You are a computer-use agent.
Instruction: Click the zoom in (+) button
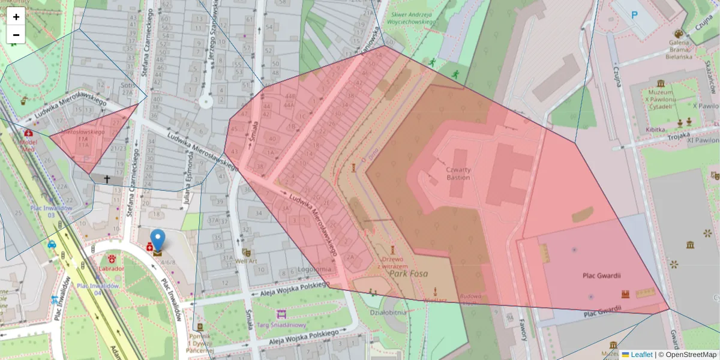16,16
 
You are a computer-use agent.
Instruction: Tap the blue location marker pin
157,241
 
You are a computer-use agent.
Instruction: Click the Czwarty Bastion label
458,173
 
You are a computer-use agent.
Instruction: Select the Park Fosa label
408,273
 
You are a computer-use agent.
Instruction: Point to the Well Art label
246,261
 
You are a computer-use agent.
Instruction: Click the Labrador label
112,268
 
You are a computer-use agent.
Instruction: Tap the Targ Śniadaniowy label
281,325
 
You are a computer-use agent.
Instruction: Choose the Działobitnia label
388,311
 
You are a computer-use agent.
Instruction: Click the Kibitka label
655,129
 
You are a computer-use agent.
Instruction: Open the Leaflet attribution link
637,355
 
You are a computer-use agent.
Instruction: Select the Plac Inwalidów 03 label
52,211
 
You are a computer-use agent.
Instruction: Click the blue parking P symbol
634,14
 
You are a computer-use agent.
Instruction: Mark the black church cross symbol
107,179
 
